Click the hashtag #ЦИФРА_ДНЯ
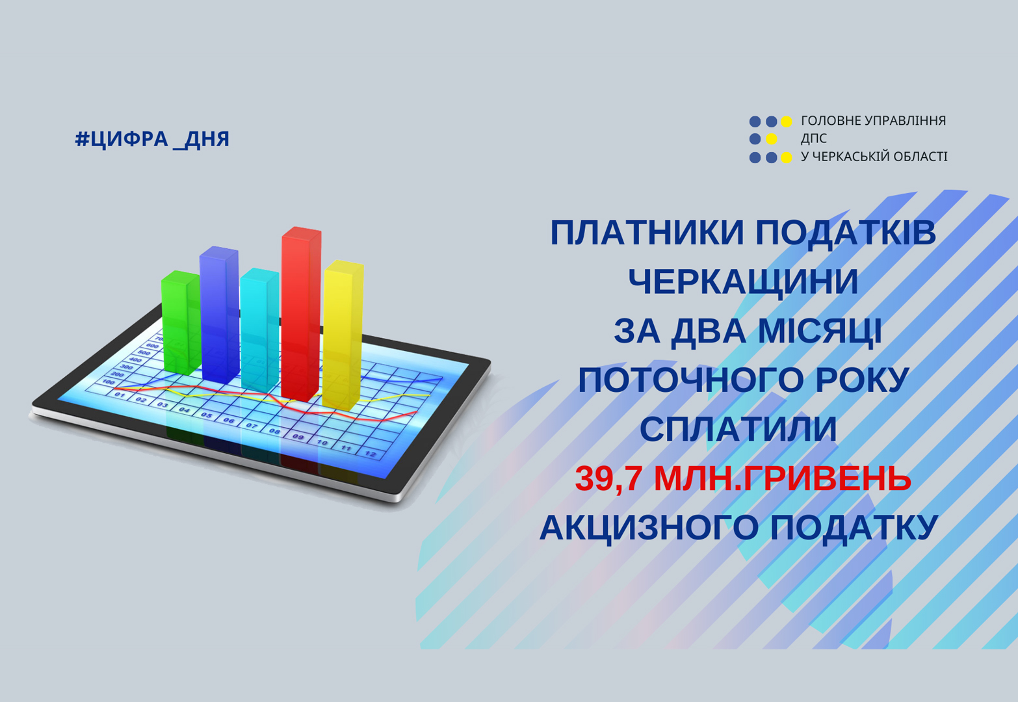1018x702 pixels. [152, 139]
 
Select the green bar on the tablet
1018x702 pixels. [181, 322]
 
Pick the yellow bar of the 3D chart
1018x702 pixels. [343, 335]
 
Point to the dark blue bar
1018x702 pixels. [219, 315]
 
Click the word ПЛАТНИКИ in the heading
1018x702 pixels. [649, 233]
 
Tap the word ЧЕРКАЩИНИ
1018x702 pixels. [744, 281]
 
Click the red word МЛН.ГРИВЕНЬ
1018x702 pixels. [783, 478]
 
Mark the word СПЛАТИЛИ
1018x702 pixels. [738, 429]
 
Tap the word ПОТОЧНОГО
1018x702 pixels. [691, 380]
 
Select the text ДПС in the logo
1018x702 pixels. [813, 138]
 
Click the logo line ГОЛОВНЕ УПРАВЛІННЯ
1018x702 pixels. [874, 120]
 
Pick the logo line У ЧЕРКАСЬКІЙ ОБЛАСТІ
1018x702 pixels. [874, 156]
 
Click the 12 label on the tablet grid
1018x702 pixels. [371, 454]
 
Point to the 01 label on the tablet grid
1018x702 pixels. [120, 395]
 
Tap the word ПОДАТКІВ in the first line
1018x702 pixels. [846, 233]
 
